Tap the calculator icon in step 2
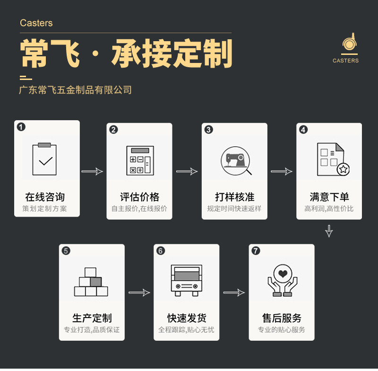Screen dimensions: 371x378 pos(140,160)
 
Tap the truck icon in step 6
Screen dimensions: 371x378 pos(186,281)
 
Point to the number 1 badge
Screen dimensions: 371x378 pos(21,127)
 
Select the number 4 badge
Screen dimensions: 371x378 pos(303,130)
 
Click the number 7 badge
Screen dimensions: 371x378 pos(256,251)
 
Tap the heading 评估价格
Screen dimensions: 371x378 pos(139,197)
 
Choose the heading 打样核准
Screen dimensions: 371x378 pos(234,197)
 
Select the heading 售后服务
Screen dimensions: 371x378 pos(282,318)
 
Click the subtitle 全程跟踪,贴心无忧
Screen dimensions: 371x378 pos(186,329)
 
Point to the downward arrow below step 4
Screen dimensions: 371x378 pos(329,231)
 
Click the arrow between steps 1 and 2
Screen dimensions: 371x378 pos(92,171)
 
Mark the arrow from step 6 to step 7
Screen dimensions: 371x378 pos(234,293)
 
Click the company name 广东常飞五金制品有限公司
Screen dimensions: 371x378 pos(75,90)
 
